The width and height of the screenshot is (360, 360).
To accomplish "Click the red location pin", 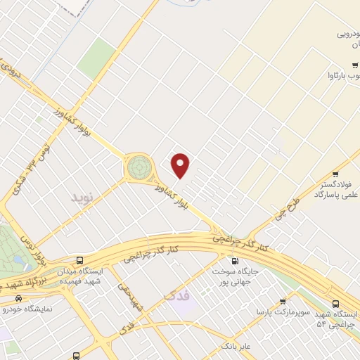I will click(181, 165).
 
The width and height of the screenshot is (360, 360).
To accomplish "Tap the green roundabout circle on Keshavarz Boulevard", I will click(139, 167).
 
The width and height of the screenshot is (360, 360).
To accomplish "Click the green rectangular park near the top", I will click(96, 58).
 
